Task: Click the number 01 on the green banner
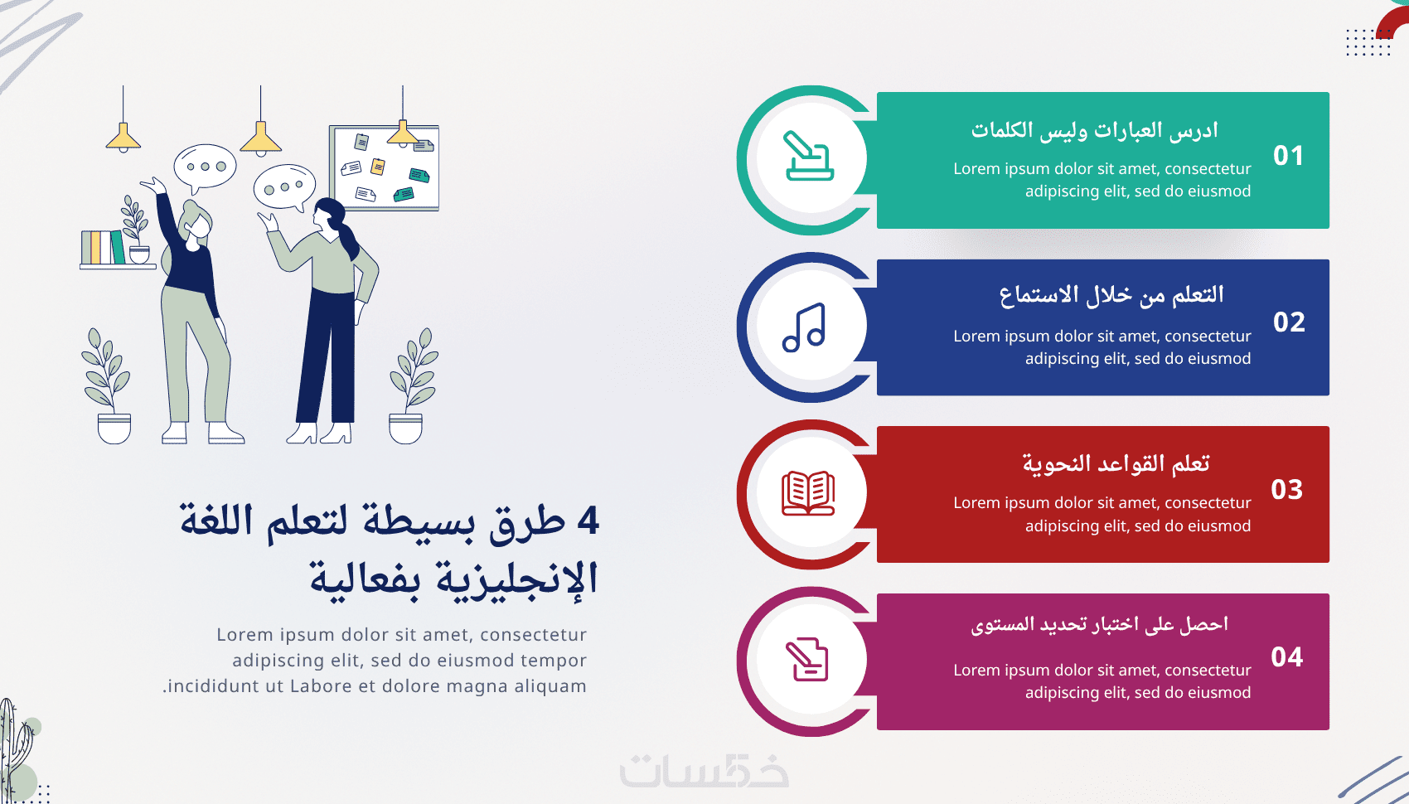(1288, 155)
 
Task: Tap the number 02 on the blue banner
(1289, 322)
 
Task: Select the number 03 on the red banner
(1286, 490)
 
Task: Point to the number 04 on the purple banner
(1286, 656)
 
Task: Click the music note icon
(805, 327)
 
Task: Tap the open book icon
(808, 494)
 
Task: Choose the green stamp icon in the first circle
(809, 155)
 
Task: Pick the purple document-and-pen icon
(807, 660)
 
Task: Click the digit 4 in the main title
(588, 521)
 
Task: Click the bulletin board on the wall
(384, 167)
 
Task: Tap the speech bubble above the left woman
(205, 167)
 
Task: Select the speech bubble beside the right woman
(284, 187)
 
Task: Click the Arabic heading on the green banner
(1095, 130)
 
